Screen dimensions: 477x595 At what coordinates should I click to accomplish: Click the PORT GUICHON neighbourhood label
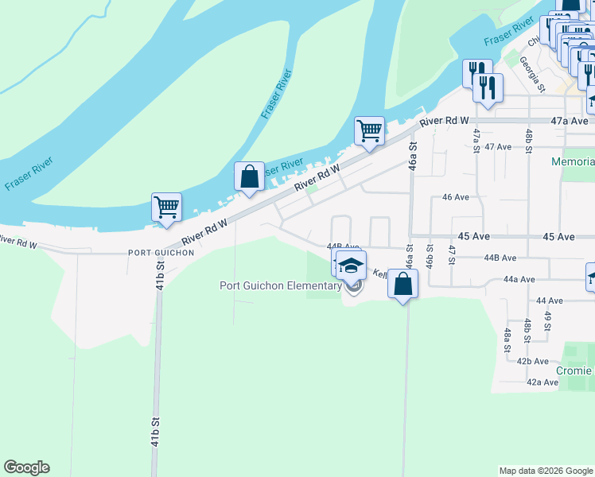[161, 253]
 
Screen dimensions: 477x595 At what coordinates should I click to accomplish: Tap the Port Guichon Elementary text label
[280, 286]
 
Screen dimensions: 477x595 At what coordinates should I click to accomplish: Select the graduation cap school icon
[351, 266]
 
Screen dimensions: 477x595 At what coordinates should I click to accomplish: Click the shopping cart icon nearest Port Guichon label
[167, 207]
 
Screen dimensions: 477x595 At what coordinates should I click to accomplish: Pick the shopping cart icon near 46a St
[369, 130]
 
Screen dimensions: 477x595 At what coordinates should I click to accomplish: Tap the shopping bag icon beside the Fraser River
[249, 176]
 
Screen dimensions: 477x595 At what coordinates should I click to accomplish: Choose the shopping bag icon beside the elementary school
[403, 284]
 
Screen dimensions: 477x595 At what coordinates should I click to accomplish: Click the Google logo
[26, 467]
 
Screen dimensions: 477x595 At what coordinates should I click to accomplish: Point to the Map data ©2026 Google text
[546, 471]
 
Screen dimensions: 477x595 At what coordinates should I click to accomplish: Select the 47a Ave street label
[570, 121]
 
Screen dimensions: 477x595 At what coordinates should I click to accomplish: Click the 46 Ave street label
[456, 196]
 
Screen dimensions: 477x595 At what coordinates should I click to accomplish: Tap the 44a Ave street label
[518, 280]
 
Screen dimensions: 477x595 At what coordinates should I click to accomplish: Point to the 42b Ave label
[533, 361]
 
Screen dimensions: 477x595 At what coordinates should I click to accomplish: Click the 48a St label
[507, 339]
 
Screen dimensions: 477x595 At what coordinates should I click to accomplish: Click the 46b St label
[429, 258]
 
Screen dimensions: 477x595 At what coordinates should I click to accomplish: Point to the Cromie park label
[577, 371]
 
